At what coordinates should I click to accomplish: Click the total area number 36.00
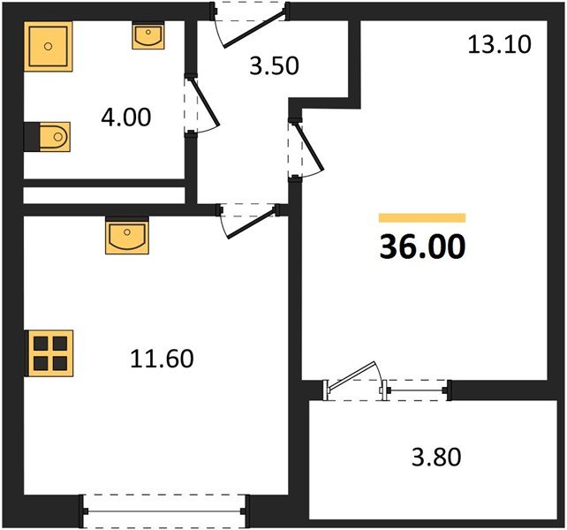coord(421,246)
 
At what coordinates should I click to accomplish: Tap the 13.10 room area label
coord(500,44)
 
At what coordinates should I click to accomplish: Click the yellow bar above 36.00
coord(421,217)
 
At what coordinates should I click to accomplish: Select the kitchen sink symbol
coord(127,237)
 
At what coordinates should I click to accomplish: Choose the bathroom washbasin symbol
coord(147,36)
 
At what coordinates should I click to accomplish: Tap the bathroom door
coord(200,105)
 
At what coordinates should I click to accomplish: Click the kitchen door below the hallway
coord(248,216)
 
